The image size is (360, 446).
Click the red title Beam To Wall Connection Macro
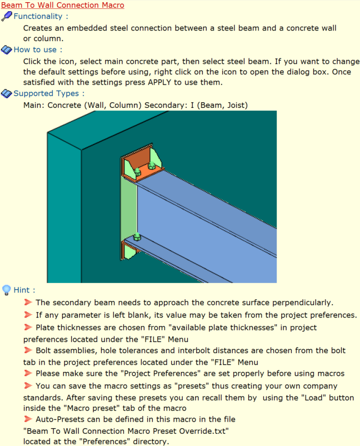pyautogui.click(x=63, y=5)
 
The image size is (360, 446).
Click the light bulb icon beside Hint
pyautogui.click(x=6, y=290)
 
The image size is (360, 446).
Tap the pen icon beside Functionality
pyautogui.click(x=7, y=16)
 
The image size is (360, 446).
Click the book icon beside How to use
pyautogui.click(x=7, y=50)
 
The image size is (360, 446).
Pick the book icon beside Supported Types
pyautogui.click(x=7, y=93)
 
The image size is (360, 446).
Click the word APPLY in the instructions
pyautogui.click(x=159, y=82)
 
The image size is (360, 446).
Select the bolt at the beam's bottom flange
pyautogui.click(x=137, y=237)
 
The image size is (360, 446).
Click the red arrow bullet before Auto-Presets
pyautogui.click(x=28, y=419)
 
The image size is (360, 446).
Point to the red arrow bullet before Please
pyautogui.click(x=28, y=373)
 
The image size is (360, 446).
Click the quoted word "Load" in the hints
pyautogui.click(x=313, y=398)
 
